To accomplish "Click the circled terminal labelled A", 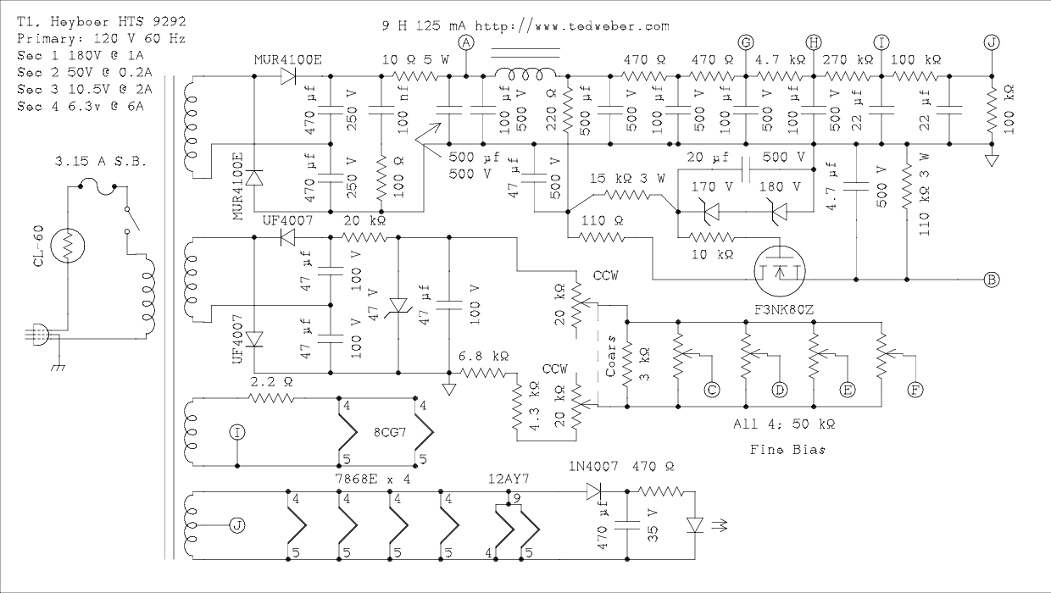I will (464, 42).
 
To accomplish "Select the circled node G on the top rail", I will (746, 42).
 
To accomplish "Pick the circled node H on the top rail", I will (814, 42).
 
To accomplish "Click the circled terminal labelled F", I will (915, 389).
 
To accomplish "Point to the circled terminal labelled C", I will (712, 389).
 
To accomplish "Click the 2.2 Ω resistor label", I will (272, 382).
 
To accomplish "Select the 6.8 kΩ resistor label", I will (483, 356).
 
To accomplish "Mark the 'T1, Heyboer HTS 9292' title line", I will (102, 19).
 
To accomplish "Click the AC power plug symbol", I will (38, 336).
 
